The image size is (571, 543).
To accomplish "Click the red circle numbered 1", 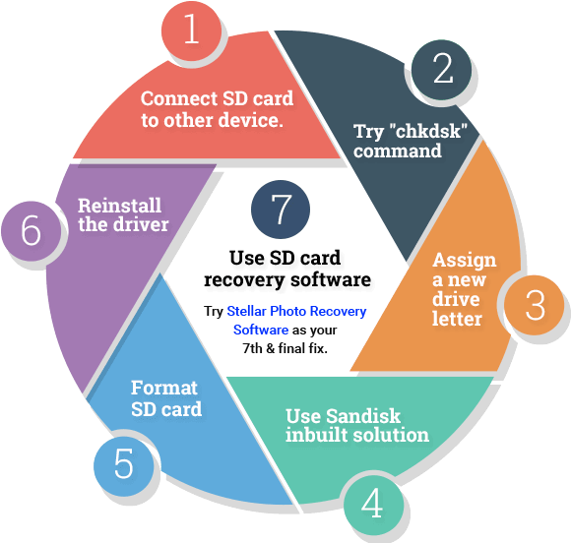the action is click(x=192, y=30).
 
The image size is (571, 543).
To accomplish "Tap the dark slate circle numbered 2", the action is click(x=442, y=69).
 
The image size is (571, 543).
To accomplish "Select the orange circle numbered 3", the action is click(x=535, y=305).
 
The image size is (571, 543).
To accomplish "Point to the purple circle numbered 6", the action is click(x=32, y=231).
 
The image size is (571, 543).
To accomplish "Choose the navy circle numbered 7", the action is click(x=281, y=210).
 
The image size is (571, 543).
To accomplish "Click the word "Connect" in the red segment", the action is click(x=179, y=98).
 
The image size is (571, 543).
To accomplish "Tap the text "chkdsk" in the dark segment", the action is click(x=428, y=131).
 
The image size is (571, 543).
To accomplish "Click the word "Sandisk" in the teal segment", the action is click(x=363, y=416).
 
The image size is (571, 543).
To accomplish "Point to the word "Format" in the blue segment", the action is click(x=164, y=388).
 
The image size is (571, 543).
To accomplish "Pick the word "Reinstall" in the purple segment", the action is click(x=119, y=206).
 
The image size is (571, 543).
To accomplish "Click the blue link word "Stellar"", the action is click(x=246, y=311).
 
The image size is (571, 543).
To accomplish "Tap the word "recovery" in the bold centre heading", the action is click(x=244, y=280).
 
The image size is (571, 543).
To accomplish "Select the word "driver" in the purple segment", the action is click(x=141, y=224).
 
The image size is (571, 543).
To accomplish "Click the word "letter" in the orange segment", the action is click(x=457, y=319).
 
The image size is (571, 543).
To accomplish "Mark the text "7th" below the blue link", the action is click(x=252, y=348).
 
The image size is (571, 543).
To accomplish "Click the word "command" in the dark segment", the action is click(x=398, y=151).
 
